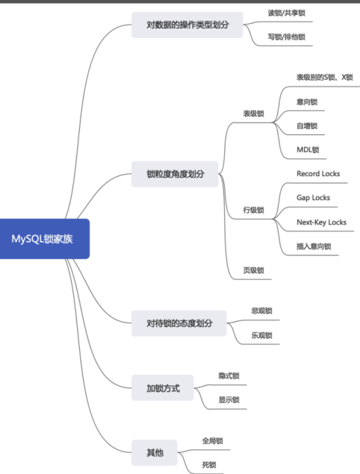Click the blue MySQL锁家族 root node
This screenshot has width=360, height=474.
[x=45, y=239]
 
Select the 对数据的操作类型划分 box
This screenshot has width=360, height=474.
[x=179, y=25]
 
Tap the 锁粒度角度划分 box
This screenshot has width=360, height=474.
[x=177, y=175]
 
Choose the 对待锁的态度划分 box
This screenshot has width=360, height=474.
[x=179, y=323]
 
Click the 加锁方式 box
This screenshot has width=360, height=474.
[x=162, y=388]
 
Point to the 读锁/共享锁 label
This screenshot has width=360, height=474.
[x=286, y=13]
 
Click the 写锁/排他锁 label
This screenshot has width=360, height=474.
[x=286, y=37]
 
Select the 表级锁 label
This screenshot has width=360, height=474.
[x=253, y=113]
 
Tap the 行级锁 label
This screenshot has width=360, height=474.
[x=253, y=210]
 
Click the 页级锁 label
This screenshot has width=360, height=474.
[x=255, y=270]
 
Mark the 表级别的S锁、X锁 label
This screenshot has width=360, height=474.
[x=323, y=77]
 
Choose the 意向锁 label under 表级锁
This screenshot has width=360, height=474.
[x=307, y=102]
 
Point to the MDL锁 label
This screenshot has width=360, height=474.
[x=307, y=149]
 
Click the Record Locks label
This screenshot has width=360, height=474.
[x=317, y=174]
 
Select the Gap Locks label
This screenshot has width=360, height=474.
[x=312, y=198]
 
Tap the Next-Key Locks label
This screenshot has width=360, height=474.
[x=321, y=222]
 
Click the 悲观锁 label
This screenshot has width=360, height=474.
[x=261, y=311]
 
